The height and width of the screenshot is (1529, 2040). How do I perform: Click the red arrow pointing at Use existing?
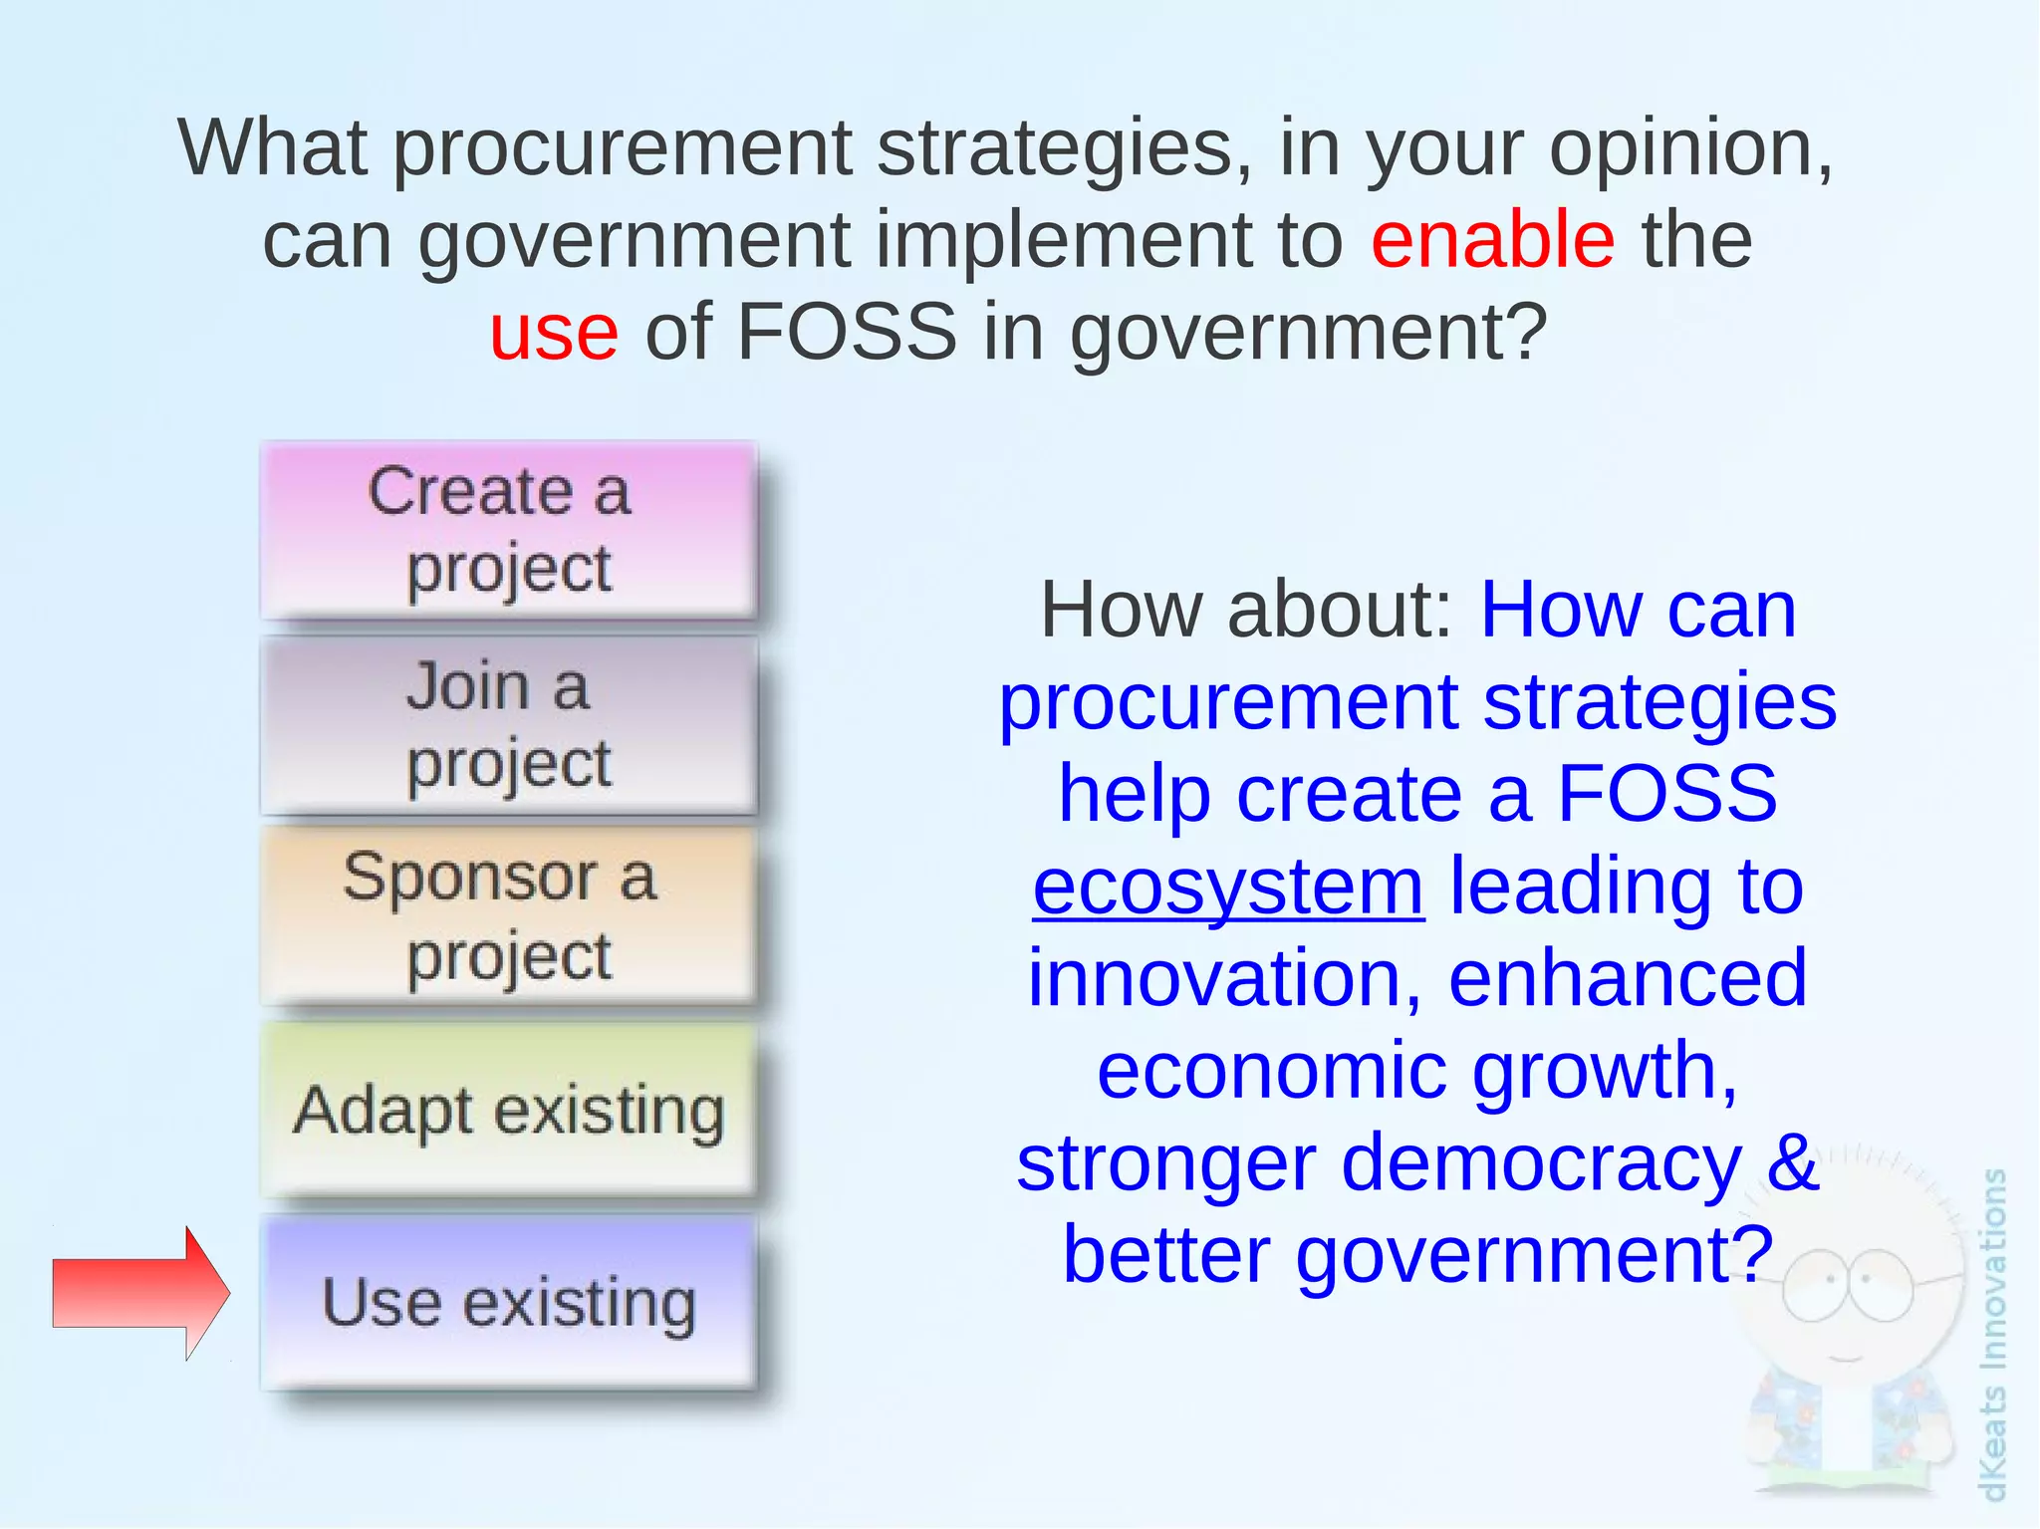pyautogui.click(x=139, y=1293)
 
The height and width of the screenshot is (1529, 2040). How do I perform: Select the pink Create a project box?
pyautogui.click(x=509, y=530)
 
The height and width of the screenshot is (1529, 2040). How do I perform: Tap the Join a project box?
pyautogui.click(x=509, y=725)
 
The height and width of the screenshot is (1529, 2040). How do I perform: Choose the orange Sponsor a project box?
pyautogui.click(x=509, y=916)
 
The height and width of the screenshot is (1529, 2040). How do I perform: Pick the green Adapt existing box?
pyautogui.click(x=509, y=1110)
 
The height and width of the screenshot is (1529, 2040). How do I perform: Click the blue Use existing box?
pyautogui.click(x=509, y=1303)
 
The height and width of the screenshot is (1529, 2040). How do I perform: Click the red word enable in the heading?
pyautogui.click(x=1492, y=240)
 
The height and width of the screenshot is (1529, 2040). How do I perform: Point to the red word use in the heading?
pyautogui.click(x=554, y=332)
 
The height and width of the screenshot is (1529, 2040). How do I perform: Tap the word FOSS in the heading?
pyautogui.click(x=847, y=332)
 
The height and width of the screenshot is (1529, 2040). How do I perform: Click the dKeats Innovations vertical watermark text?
pyautogui.click(x=1992, y=1335)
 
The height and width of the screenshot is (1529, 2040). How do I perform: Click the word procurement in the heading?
pyautogui.click(x=623, y=148)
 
